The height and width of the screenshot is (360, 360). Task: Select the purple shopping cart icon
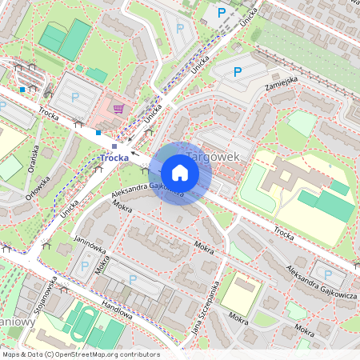119,109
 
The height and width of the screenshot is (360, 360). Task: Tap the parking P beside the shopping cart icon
74,97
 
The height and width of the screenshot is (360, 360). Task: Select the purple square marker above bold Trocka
114,146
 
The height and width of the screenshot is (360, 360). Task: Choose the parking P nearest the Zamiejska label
237,72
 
